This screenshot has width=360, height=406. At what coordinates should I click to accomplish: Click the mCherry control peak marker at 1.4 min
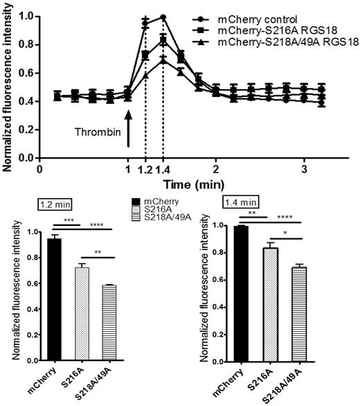pyautogui.click(x=163, y=17)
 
